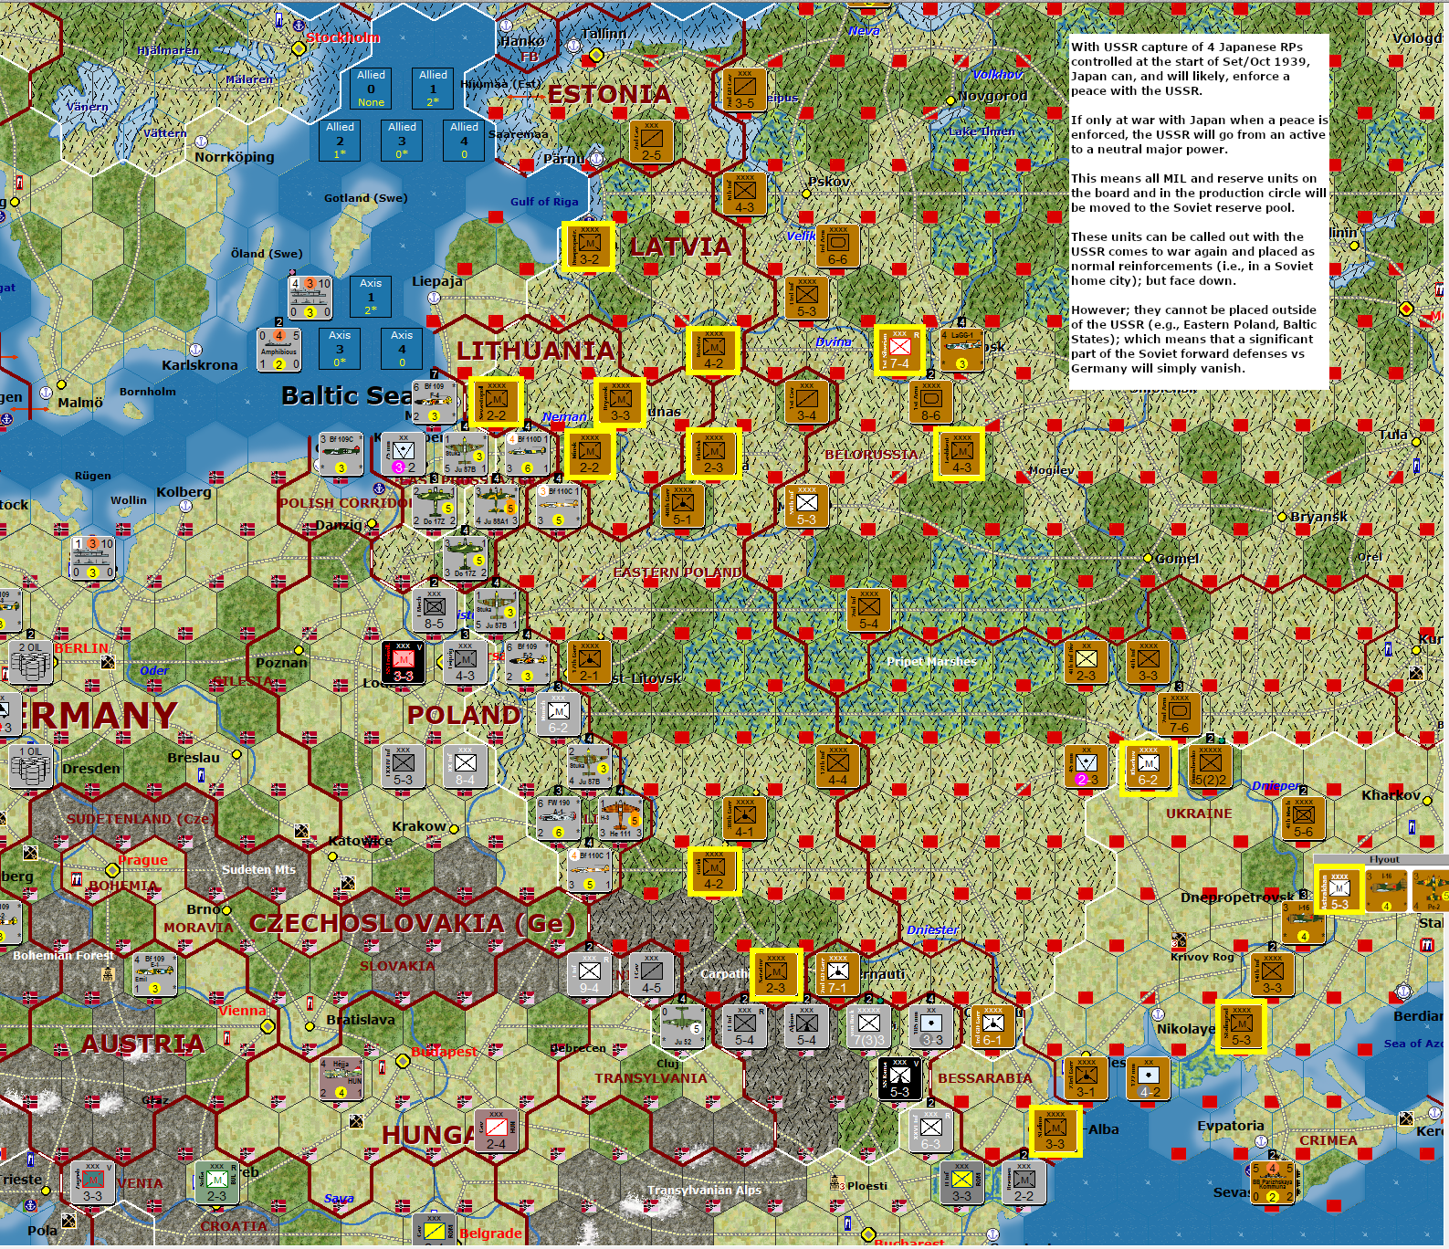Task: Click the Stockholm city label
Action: [342, 37]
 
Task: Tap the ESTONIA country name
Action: [609, 94]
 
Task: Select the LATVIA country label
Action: [680, 247]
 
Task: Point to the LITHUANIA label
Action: [536, 351]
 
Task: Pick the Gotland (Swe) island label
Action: [365, 198]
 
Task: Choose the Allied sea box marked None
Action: [371, 89]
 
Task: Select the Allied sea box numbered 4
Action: [464, 141]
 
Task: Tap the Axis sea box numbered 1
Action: [371, 296]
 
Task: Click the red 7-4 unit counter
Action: [899, 350]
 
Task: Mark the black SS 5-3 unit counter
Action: [899, 1078]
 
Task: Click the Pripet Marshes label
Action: [931, 661]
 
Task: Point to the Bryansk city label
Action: [1318, 517]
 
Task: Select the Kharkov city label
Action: [1391, 795]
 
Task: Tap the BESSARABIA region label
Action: [984, 1078]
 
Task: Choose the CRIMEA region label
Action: [1328, 1140]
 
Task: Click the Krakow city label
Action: [419, 826]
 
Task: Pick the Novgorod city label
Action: [992, 96]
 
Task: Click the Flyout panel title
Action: [1383, 859]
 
